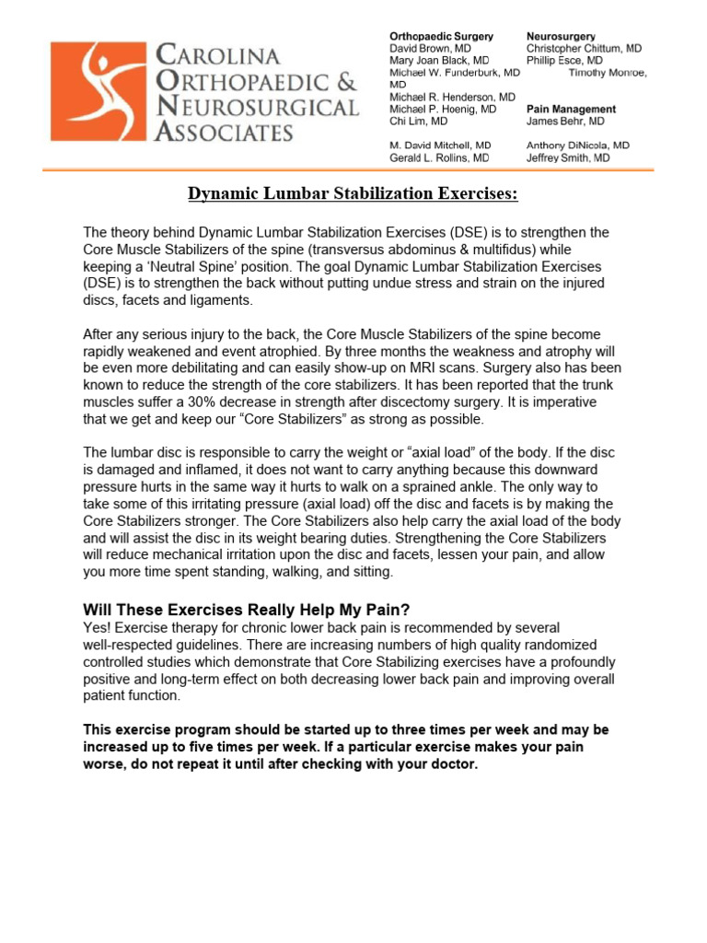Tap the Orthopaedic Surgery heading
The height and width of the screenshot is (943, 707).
pyautogui.click(x=436, y=36)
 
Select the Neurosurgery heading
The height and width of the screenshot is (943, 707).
pyautogui.click(x=561, y=36)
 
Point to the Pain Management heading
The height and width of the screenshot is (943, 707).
pyautogui.click(x=571, y=109)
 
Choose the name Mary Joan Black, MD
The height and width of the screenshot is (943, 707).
pyautogui.click(x=440, y=60)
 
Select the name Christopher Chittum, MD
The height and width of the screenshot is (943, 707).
pyautogui.click(x=585, y=48)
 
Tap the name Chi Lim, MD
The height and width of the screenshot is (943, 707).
pyautogui.click(x=419, y=121)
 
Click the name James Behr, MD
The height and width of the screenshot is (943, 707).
pyautogui.click(x=565, y=121)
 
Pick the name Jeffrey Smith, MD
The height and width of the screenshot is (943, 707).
pyautogui.click(x=568, y=157)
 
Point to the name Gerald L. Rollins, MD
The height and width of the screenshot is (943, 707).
pyautogui.click(x=440, y=157)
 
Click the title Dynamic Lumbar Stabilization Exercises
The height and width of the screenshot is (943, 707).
pyautogui.click(x=353, y=193)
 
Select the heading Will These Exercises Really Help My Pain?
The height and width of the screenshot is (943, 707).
pyautogui.click(x=248, y=610)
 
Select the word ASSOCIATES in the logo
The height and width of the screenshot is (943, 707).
pyautogui.click(x=224, y=133)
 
